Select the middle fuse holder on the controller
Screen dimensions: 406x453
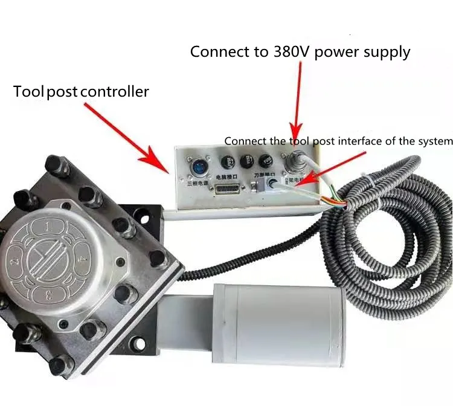246,161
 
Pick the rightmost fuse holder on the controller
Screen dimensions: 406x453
264,161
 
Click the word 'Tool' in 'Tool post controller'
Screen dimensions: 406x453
28,92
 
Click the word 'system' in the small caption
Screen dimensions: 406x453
435,141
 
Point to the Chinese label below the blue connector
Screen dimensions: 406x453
192,181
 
